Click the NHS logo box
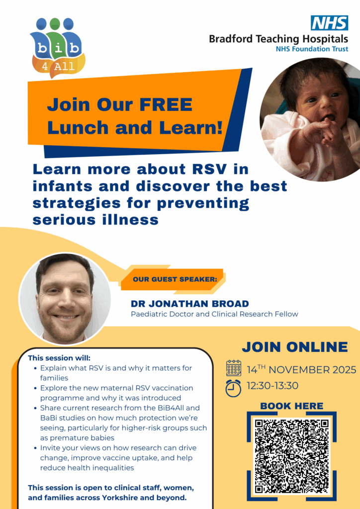(329, 23)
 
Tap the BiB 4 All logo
(58, 48)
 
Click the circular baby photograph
(310, 119)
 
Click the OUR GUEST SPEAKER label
(175, 279)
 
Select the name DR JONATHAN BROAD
(190, 304)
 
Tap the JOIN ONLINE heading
(295, 347)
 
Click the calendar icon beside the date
(234, 368)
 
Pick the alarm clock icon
(233, 388)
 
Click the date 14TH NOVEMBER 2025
(301, 370)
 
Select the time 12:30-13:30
(272, 386)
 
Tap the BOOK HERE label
(291, 406)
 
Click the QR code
(291, 456)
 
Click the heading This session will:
(59, 358)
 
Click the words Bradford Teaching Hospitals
(278, 39)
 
